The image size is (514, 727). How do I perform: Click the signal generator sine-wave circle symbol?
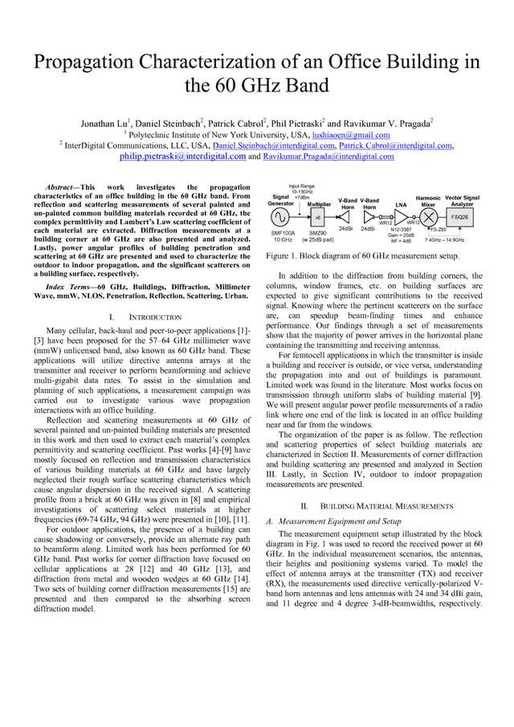[282, 217]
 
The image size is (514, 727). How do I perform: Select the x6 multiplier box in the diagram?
[317, 217]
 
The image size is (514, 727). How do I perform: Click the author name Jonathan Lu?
[104, 124]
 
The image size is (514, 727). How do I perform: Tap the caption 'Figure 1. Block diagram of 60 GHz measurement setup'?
[362, 255]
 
